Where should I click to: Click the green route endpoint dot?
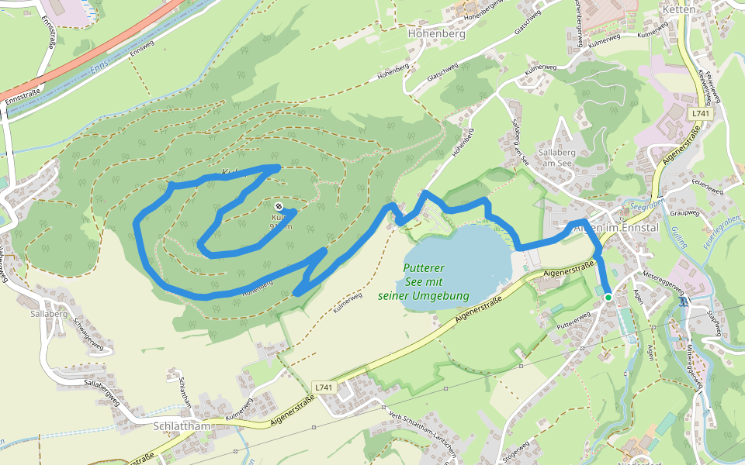(608, 297)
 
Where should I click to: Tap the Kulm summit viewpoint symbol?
(279, 206)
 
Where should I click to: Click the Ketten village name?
(680, 9)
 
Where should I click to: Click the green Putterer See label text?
(424, 282)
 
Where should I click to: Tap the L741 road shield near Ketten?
(700, 113)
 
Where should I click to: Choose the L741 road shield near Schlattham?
(324, 386)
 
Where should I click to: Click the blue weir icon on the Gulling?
(683, 302)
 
